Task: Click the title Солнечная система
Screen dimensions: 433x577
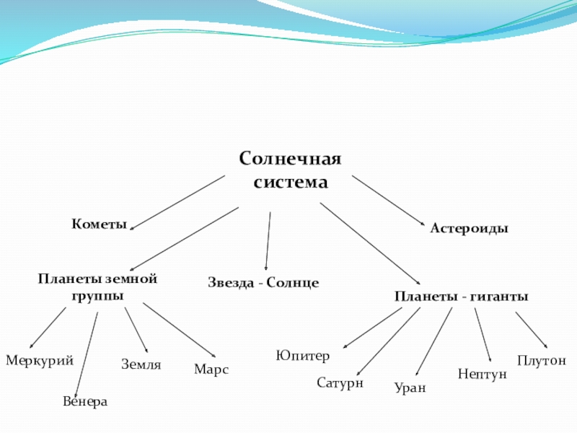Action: click(290, 170)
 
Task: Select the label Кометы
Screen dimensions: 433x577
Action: click(99, 224)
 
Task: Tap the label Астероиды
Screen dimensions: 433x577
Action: click(470, 228)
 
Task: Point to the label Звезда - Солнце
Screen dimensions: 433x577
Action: click(263, 283)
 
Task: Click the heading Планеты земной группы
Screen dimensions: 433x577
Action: click(97, 287)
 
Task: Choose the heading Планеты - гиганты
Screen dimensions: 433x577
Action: click(461, 297)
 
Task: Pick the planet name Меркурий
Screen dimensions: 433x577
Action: click(40, 360)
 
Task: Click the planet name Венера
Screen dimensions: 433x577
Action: click(85, 401)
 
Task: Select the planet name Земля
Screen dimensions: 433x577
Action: click(141, 365)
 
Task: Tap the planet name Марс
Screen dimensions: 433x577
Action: click(211, 369)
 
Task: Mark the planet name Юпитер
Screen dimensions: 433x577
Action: click(303, 356)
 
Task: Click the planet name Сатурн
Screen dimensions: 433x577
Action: click(340, 382)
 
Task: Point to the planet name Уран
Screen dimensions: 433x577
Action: click(410, 388)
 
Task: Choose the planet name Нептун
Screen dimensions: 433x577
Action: click(483, 374)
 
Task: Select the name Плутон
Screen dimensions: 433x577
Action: click(542, 360)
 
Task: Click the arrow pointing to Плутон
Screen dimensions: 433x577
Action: click(532, 329)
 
